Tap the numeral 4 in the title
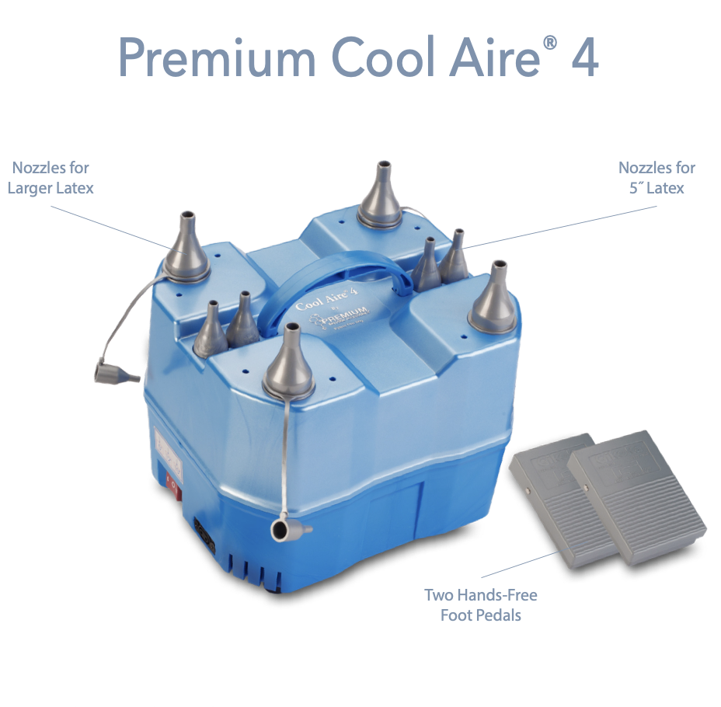[x=584, y=57]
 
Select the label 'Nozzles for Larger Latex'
[x=51, y=178]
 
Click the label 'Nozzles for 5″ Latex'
[x=657, y=178]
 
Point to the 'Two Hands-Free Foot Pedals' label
[x=480, y=605]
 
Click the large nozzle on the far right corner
[x=493, y=299]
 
